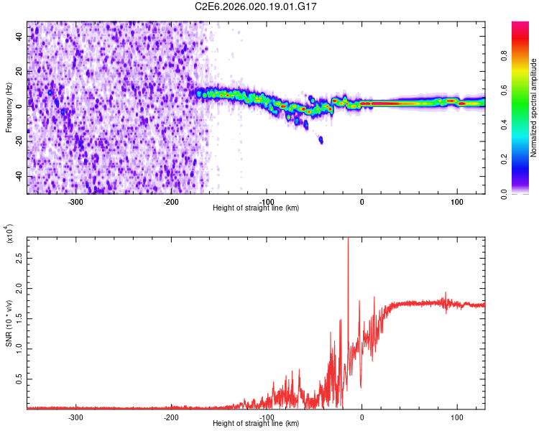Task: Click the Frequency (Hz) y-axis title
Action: (x=9, y=108)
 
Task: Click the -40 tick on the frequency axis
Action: (x=18, y=176)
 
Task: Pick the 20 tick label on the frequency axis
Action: (x=19, y=71)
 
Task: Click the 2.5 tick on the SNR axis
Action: (x=19, y=256)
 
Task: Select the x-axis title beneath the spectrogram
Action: (x=257, y=208)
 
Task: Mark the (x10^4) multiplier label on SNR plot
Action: (x=10, y=234)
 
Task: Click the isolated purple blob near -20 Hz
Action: (x=321, y=140)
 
